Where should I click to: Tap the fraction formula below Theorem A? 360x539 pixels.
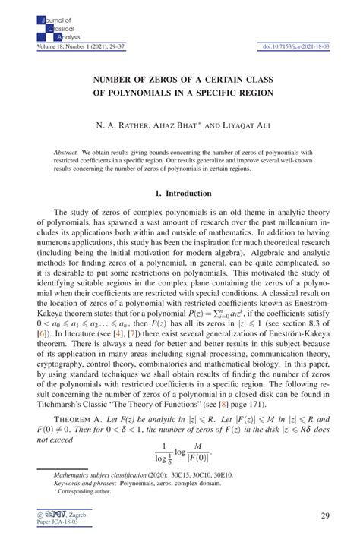[x=180, y=453]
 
